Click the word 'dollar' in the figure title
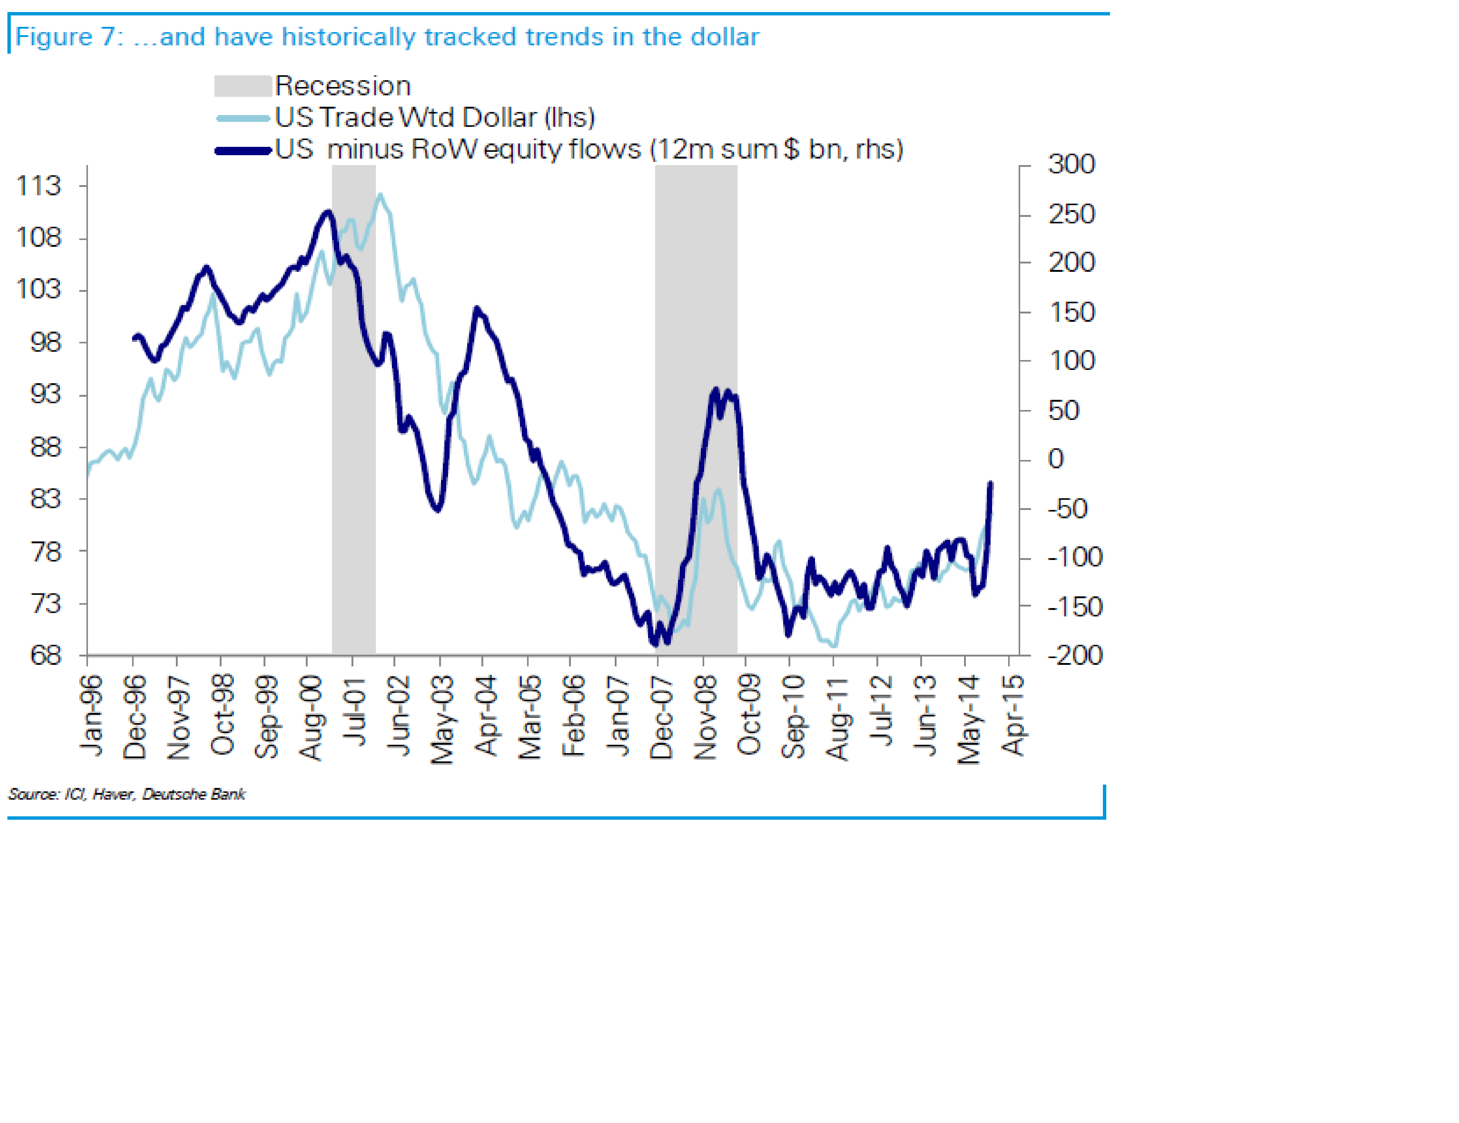pyautogui.click(x=725, y=37)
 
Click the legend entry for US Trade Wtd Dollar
pyautogui.click(x=434, y=118)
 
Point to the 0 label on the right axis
pyautogui.click(x=1055, y=459)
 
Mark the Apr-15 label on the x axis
pyautogui.click(x=1013, y=716)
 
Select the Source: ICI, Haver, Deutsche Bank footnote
pyautogui.click(x=127, y=794)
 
